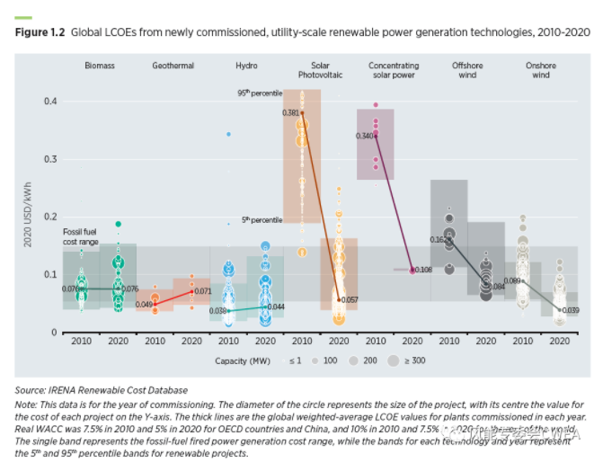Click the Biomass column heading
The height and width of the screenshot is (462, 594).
pyautogui.click(x=100, y=66)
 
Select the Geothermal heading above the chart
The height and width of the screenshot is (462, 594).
pyautogui.click(x=172, y=66)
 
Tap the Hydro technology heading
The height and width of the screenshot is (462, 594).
pyautogui.click(x=246, y=66)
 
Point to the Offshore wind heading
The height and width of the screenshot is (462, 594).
pyautogui.click(x=466, y=70)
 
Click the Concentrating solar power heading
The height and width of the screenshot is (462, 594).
pyautogui.click(x=394, y=70)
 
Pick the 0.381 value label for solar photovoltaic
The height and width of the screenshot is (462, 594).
pyautogui.click(x=290, y=113)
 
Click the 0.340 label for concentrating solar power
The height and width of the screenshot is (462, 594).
pyautogui.click(x=364, y=136)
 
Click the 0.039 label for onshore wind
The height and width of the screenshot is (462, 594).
pyautogui.click(x=569, y=310)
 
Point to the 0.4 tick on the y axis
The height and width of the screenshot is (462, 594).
pyautogui.click(x=49, y=101)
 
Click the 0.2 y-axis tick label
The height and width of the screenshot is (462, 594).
pyautogui.click(x=49, y=217)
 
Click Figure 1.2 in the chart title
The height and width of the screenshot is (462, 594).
pyautogui.click(x=40, y=31)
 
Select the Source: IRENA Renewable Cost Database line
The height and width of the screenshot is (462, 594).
pyautogui.click(x=102, y=390)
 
